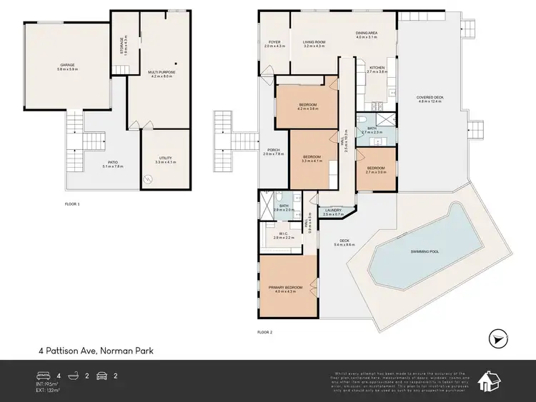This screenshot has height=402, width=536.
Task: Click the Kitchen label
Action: (376, 70)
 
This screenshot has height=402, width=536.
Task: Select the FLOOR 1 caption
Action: (72, 203)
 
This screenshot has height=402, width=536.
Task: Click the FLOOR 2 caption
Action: (264, 331)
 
